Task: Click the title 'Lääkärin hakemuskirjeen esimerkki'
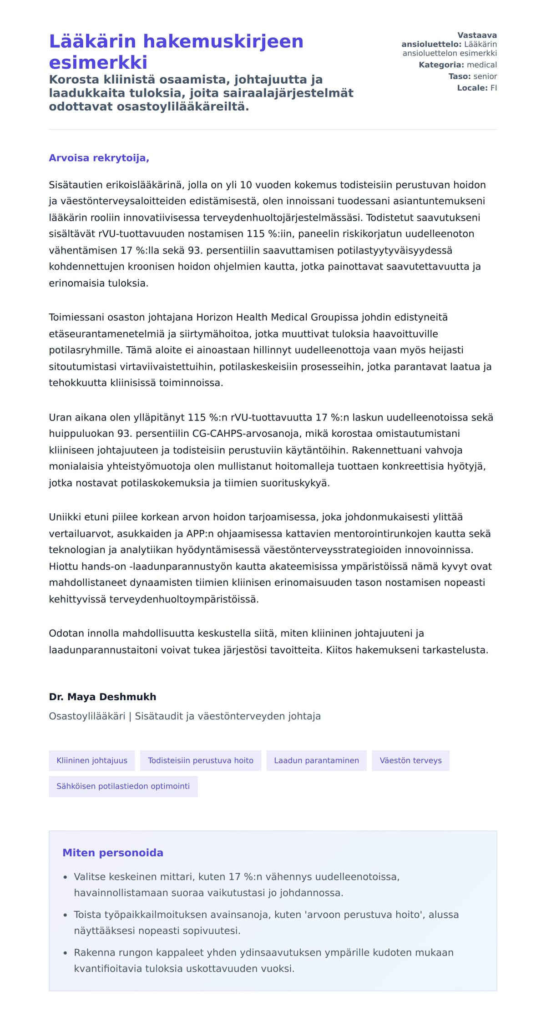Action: [176, 51]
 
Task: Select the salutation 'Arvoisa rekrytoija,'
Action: [99, 158]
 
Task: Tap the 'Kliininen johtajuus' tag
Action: [92, 760]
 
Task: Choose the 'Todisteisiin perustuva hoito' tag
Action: [201, 760]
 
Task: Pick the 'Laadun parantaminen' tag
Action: [316, 760]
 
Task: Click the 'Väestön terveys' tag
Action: [410, 760]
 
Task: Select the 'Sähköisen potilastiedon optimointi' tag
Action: [123, 786]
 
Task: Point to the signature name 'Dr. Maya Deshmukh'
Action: [102, 697]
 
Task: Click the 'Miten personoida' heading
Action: [113, 853]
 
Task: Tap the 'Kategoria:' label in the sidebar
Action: [441, 65]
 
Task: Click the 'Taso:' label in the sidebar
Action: [460, 76]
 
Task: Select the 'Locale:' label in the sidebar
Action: [472, 88]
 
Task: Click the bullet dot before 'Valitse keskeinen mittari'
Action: [66, 877]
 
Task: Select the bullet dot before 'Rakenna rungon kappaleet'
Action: [66, 953]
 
